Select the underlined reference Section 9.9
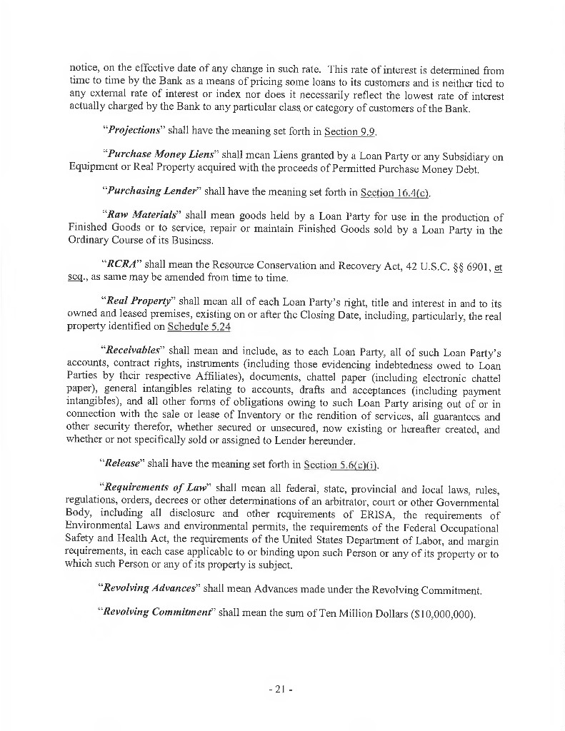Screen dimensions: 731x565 [350, 131]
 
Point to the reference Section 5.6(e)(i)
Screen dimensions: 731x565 [349, 465]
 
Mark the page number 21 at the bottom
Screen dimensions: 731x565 [282, 690]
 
